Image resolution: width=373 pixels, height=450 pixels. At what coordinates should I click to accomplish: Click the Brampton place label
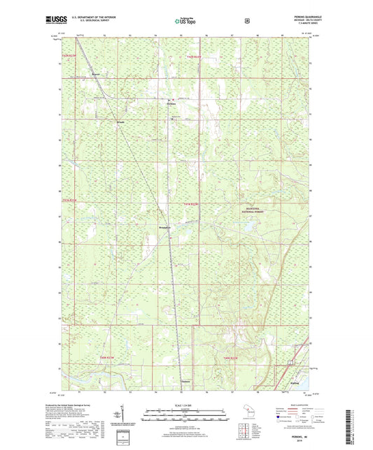pyautogui.click(x=164, y=227)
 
